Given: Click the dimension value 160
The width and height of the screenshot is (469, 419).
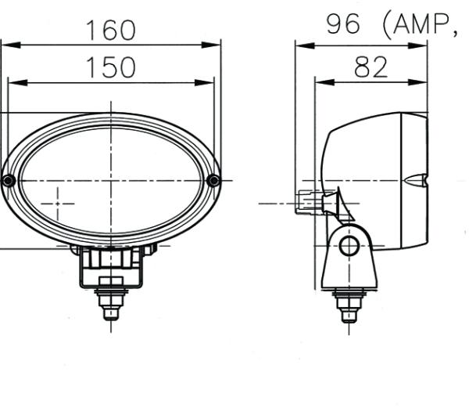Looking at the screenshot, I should point(110,30).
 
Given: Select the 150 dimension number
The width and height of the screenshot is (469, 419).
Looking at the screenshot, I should point(110,68).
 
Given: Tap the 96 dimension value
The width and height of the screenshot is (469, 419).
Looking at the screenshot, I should point(344,25).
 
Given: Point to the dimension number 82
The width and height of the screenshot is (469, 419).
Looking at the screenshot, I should point(371,67).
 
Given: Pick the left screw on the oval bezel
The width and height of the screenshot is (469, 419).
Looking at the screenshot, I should point(8,181).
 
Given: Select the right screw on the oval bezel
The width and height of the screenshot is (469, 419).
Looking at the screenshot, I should point(213,181).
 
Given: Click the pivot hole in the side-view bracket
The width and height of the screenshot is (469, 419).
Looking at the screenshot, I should point(349,246).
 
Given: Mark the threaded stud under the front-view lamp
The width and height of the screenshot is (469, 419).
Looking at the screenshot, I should point(110,304).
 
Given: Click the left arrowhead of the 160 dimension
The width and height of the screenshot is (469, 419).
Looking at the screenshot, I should point(6,45).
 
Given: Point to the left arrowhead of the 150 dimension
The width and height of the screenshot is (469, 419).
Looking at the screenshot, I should point(13,82).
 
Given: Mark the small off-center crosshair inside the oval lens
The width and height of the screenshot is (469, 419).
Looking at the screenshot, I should point(57,204).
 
